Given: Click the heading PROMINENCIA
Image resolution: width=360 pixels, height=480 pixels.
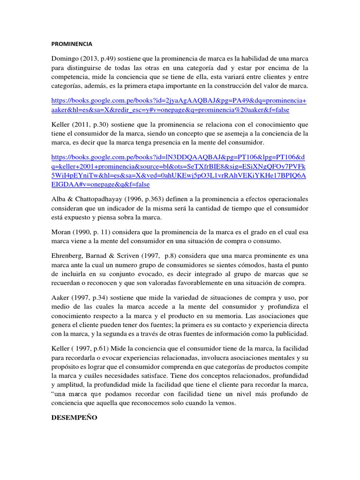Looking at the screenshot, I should (x=72, y=44).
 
